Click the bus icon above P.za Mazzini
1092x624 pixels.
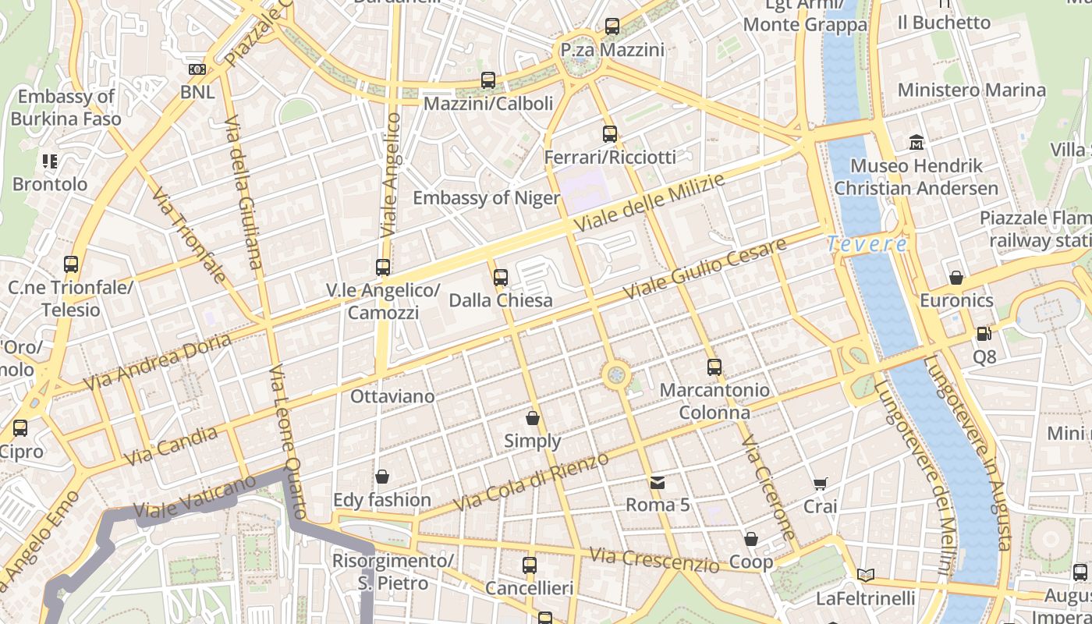(x=612, y=27)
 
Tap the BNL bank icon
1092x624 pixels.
(x=197, y=69)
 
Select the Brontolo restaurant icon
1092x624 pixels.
(x=50, y=161)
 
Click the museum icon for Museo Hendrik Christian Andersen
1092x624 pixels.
(x=916, y=143)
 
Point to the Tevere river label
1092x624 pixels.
(x=867, y=244)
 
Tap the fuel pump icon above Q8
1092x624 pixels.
(x=984, y=334)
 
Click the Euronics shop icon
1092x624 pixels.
(x=956, y=278)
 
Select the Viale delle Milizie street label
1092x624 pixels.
(x=650, y=203)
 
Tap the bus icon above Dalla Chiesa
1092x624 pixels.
(x=501, y=278)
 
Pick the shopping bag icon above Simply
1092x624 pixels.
(x=533, y=419)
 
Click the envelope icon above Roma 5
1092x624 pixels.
(x=658, y=483)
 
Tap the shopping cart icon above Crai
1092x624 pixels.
(x=820, y=484)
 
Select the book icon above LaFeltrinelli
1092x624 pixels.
(x=865, y=576)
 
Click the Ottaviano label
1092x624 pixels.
(x=392, y=396)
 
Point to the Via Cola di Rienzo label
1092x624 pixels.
(x=530, y=481)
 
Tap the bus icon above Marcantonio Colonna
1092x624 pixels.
(x=714, y=367)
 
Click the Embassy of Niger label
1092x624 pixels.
(x=486, y=198)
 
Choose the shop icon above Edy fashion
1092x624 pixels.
(x=382, y=477)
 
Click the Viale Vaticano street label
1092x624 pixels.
(x=194, y=496)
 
